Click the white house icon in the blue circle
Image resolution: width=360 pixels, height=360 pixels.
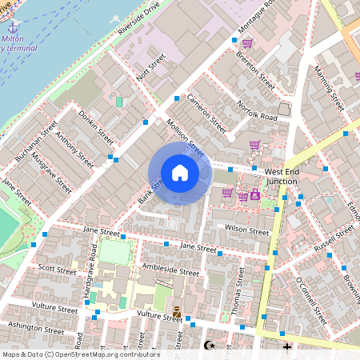[x=180, y=172]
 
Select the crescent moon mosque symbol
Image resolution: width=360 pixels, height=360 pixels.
[x=210, y=346]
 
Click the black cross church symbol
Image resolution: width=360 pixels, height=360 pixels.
[x=287, y=346]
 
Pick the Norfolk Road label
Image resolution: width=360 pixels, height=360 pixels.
[x=258, y=111]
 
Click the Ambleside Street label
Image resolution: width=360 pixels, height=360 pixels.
[x=170, y=270]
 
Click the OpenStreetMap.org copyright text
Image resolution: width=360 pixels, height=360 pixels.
[x=80, y=354]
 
